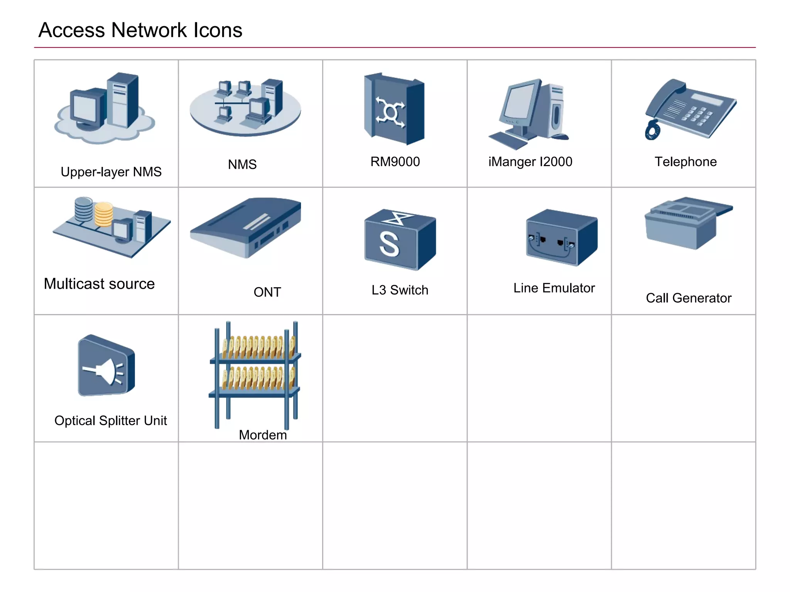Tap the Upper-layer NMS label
tap(111, 172)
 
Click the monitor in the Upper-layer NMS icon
tap(87, 109)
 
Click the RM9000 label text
tap(395, 162)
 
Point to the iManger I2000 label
tap(530, 162)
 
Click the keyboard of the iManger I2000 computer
tap(508, 140)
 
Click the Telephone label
tap(685, 162)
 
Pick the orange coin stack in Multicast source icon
tap(103, 214)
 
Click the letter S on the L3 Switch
tap(389, 244)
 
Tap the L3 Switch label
tap(400, 290)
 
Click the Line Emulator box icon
tap(561, 237)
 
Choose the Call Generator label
tap(689, 298)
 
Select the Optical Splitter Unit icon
tap(106, 366)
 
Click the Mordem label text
tap(263, 435)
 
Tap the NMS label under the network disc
tap(242, 165)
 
